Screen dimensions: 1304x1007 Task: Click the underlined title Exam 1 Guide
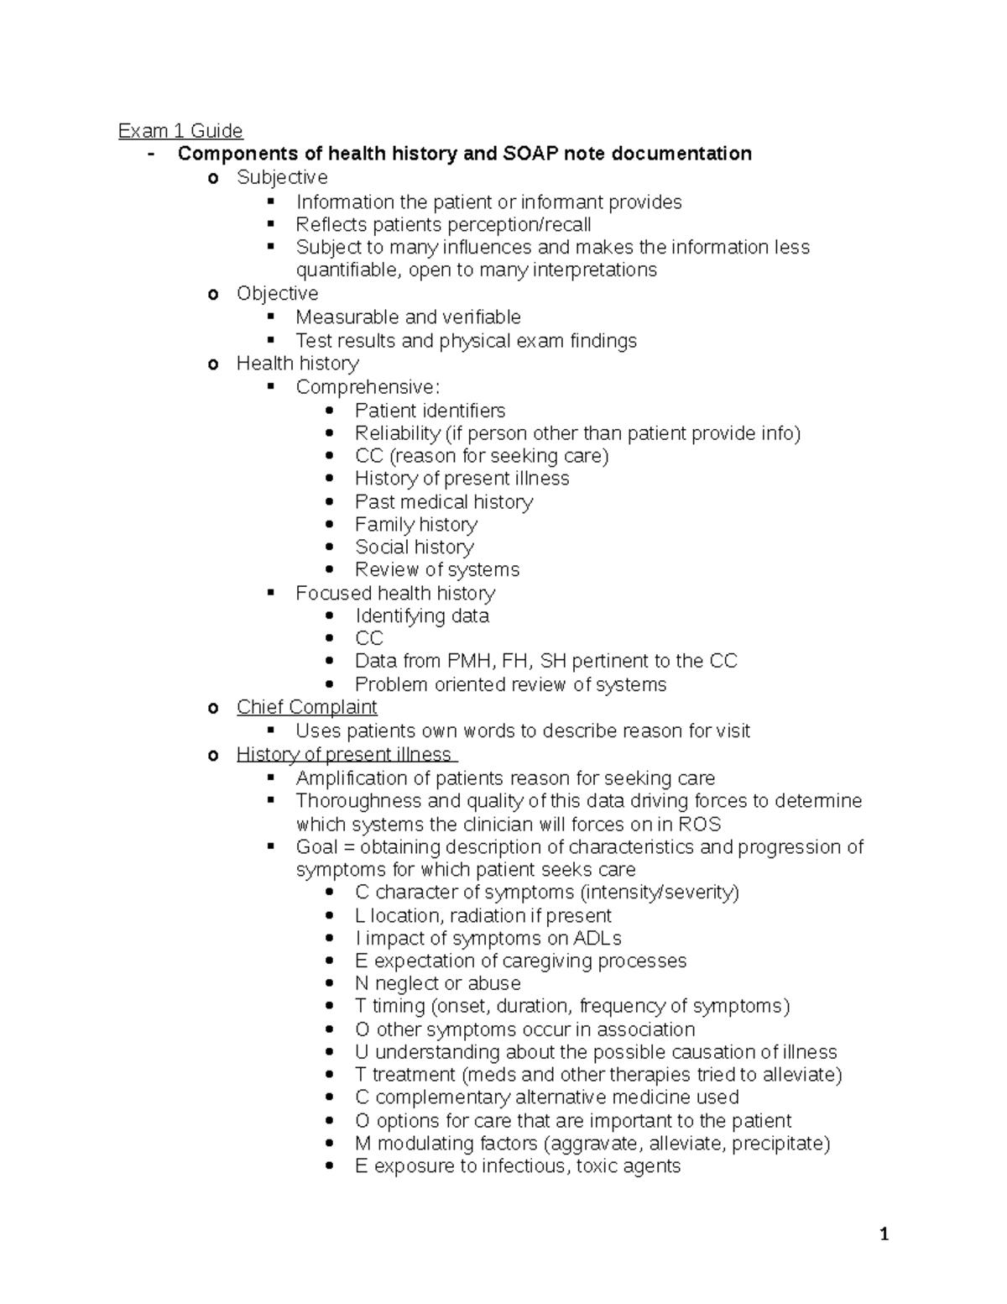(180, 131)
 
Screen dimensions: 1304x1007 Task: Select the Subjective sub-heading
(282, 177)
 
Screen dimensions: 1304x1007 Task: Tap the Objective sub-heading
(277, 293)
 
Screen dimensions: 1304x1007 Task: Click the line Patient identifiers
(430, 411)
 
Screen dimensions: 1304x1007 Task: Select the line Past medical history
(444, 501)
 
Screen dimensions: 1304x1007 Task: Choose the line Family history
(416, 525)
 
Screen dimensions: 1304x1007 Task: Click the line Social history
(415, 547)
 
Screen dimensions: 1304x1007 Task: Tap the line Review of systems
(437, 570)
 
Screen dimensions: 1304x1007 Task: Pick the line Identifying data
(422, 615)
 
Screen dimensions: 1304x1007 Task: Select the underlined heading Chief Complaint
(307, 707)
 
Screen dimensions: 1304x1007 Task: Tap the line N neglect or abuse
(437, 983)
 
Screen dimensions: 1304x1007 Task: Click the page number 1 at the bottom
(884, 1234)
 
